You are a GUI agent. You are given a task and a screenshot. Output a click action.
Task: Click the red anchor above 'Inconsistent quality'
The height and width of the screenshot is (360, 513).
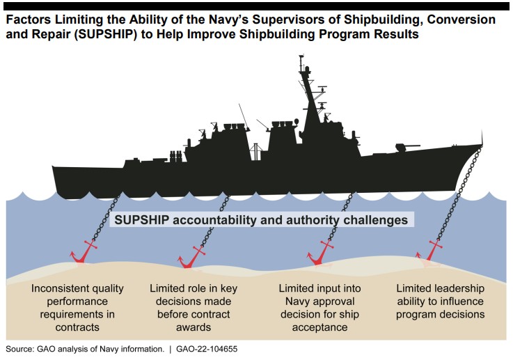[x=83, y=252]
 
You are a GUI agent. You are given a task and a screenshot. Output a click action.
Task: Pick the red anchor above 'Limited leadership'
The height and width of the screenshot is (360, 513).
[x=431, y=251]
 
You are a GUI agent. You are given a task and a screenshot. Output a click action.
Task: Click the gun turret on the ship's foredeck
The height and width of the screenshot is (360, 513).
[x=406, y=148]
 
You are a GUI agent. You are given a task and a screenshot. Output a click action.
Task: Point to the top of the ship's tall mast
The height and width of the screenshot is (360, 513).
[x=301, y=56]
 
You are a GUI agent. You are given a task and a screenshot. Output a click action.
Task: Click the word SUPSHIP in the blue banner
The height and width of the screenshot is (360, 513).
[x=142, y=220]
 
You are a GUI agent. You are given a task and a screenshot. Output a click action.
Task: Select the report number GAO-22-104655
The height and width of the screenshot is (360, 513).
[x=207, y=349]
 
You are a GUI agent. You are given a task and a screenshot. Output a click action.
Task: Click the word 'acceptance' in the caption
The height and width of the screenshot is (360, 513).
[x=319, y=327]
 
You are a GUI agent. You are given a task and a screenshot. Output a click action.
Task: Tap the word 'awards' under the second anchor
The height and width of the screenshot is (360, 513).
[x=194, y=327]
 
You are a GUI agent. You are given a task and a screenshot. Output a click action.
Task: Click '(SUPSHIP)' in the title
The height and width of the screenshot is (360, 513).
[x=104, y=34]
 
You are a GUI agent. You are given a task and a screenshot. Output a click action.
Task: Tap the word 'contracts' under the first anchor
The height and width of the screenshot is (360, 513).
[x=77, y=327]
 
